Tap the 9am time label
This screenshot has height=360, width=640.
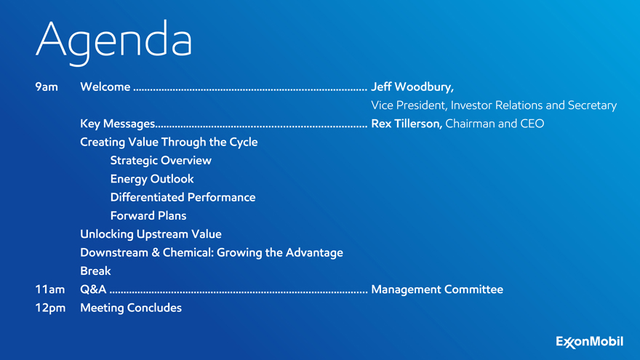(47, 87)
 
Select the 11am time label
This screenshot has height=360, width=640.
(49, 289)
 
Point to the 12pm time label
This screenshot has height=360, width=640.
(50, 308)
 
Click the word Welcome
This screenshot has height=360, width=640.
(105, 87)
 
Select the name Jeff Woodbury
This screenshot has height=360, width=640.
(412, 87)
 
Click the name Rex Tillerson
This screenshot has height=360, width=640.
(407, 124)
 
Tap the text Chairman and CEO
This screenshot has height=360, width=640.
(495, 124)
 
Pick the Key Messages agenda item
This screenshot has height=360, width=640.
(118, 124)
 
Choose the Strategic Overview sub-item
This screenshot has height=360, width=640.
(161, 161)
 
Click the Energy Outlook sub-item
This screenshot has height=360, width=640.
(152, 179)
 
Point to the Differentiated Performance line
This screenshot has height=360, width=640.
(183, 197)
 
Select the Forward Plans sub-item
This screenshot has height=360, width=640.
(148, 215)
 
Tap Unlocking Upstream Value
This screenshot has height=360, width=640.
(151, 234)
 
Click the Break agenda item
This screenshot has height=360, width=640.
(95, 271)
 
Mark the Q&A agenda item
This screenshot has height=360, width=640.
(93, 289)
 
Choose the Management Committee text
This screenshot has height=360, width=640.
(437, 289)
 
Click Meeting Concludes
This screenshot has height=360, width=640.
(131, 308)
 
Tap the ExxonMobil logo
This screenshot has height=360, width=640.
(589, 342)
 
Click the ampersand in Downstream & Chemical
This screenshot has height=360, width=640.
(156, 252)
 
